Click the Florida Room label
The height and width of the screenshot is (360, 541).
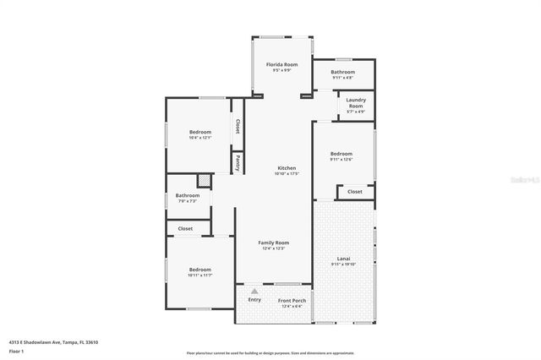tap(282, 65)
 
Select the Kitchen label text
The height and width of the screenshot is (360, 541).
tap(287, 168)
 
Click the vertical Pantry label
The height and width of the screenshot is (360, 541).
tap(238, 161)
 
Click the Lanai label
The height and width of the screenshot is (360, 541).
tap(343, 259)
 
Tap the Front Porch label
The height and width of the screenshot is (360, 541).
tap(292, 301)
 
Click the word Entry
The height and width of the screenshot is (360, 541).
tap(254, 300)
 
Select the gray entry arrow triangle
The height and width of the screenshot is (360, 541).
tap(254, 291)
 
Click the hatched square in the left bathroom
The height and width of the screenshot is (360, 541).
tap(204, 180)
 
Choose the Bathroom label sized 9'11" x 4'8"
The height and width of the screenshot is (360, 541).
tap(343, 73)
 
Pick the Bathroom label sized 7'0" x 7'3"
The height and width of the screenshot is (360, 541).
tap(188, 196)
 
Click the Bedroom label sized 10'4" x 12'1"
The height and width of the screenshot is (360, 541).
tap(200, 133)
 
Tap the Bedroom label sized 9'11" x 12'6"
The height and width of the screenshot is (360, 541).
tap(341, 154)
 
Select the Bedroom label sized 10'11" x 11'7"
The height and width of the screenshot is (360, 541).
tap(200, 270)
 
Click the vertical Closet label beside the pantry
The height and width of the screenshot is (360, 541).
tap(238, 125)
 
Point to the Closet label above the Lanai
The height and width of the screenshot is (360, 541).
tap(355, 192)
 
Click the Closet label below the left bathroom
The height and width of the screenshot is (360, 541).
tap(185, 228)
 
